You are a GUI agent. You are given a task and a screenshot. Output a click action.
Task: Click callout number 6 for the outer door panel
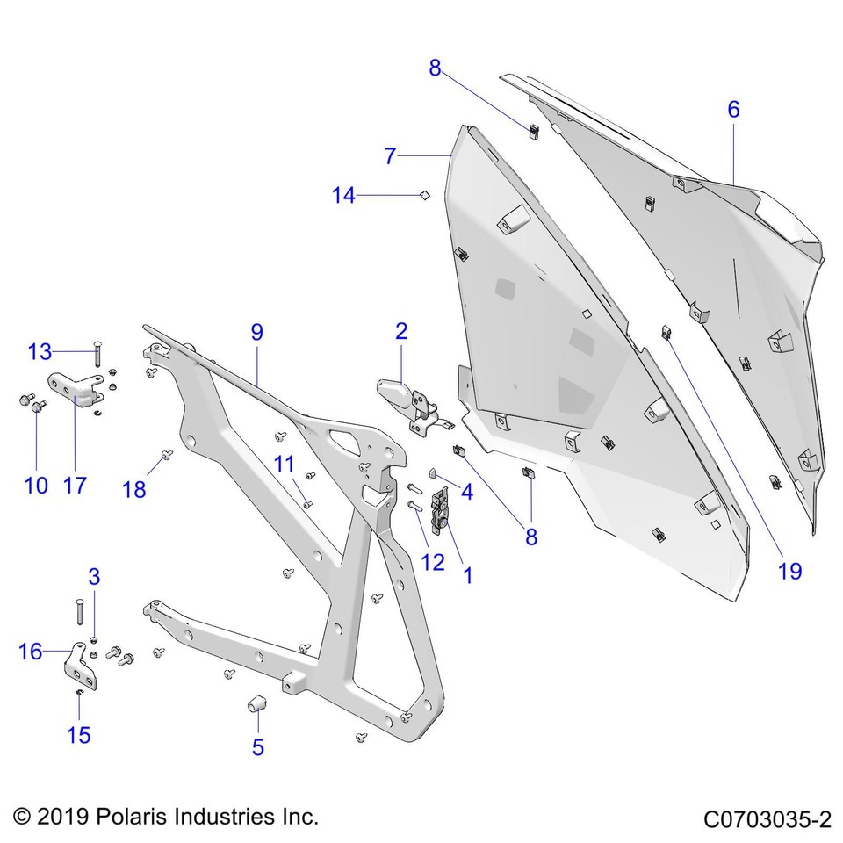pyautogui.click(x=733, y=110)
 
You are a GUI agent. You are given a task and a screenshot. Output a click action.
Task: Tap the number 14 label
pyautogui.click(x=343, y=196)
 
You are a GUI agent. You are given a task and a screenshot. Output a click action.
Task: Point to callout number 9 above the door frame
pyautogui.click(x=256, y=333)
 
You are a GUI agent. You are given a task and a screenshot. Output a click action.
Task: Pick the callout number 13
pyautogui.click(x=40, y=352)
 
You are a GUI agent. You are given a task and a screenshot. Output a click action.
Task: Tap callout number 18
pyautogui.click(x=134, y=489)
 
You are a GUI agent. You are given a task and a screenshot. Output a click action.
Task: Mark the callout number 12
pyautogui.click(x=432, y=563)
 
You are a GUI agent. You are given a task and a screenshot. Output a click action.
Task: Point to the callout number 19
pyautogui.click(x=789, y=571)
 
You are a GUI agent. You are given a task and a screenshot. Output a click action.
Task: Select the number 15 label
pyautogui.click(x=79, y=734)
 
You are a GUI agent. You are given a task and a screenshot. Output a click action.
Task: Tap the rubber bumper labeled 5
pyautogui.click(x=256, y=705)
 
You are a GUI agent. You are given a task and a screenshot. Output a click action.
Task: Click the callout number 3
pyautogui.click(x=94, y=577)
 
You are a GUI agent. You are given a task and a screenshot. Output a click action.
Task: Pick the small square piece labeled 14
pyautogui.click(x=422, y=194)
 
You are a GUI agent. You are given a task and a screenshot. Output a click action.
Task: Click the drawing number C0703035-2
pyautogui.click(x=767, y=819)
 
